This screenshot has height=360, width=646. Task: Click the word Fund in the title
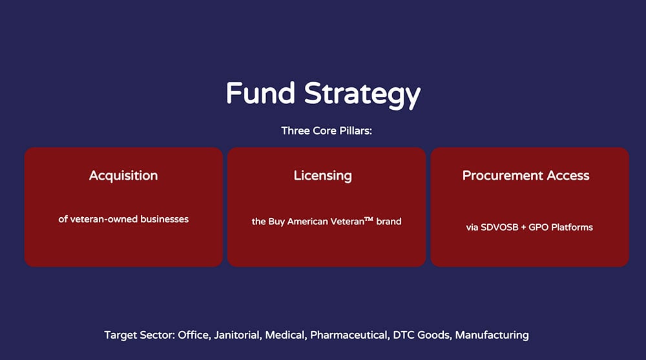260,93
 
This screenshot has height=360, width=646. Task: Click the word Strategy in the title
362,95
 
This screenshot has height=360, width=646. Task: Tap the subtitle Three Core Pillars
327,131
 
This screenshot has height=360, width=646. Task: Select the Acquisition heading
123,176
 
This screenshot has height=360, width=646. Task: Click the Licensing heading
322,176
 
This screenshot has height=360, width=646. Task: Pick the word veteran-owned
103,219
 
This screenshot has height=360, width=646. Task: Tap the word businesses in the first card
164,219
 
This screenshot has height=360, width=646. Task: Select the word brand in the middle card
388,222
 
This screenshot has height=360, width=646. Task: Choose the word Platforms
572,228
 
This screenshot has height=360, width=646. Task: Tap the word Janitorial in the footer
237,335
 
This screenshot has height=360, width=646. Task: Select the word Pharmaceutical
349,335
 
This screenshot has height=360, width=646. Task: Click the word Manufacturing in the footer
492,335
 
